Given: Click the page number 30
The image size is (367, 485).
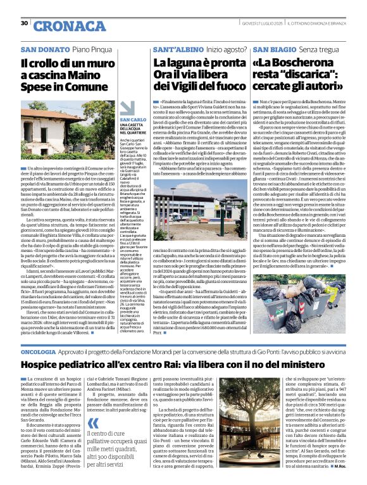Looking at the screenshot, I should coord(23,23).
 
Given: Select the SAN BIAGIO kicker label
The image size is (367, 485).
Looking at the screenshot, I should coord(274,49).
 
